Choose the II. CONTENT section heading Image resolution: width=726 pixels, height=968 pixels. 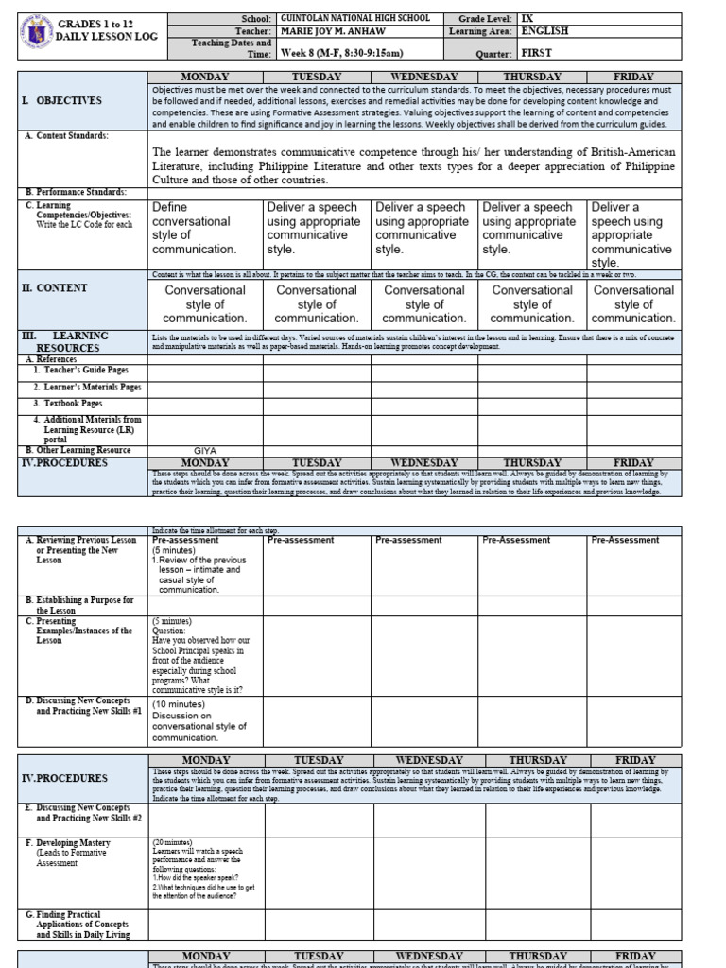(x=56, y=288)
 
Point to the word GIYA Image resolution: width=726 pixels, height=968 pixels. (x=205, y=450)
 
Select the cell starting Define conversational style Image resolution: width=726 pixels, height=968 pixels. (x=202, y=228)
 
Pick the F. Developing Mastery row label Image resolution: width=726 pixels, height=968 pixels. (x=76, y=841)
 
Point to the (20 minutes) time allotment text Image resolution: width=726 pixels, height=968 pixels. (x=171, y=841)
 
